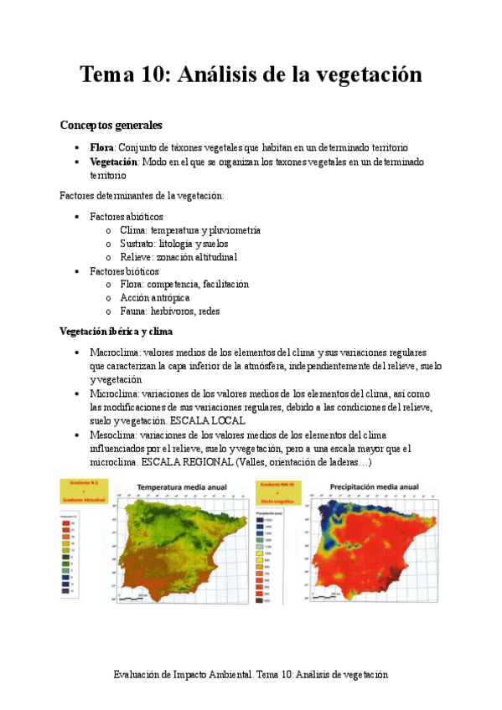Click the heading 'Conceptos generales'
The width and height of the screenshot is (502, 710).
click(x=111, y=126)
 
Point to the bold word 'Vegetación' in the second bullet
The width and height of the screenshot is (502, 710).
click(x=114, y=162)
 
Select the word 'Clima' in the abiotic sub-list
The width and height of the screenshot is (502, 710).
click(x=133, y=230)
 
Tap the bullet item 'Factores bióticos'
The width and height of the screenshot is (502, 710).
click(x=124, y=271)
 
